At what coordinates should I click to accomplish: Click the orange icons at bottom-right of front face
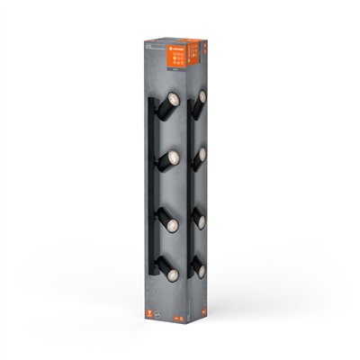click(x=181, y=318)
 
